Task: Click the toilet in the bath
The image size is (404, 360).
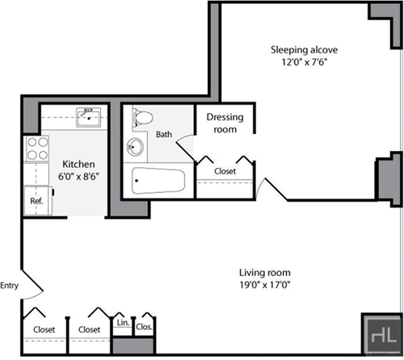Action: (x=143, y=118)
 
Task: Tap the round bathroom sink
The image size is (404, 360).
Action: (x=135, y=147)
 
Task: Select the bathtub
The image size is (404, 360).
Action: (x=158, y=181)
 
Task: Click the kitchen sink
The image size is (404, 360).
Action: (x=88, y=117)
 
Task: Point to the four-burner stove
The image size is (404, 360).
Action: (x=37, y=149)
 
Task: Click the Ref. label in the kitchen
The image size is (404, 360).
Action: (x=36, y=201)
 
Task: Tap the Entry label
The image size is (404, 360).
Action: (x=9, y=286)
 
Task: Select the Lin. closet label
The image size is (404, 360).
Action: (x=123, y=323)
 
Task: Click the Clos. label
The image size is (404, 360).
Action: (x=144, y=327)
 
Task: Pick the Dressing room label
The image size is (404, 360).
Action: (x=225, y=123)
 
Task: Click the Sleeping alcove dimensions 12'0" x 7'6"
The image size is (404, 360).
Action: (x=305, y=62)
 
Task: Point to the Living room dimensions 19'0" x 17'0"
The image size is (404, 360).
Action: (x=265, y=285)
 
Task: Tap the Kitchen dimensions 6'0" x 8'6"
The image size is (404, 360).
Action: (x=78, y=177)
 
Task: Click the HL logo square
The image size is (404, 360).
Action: (x=381, y=334)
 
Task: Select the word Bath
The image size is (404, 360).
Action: (x=164, y=134)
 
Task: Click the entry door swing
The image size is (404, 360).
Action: (x=32, y=285)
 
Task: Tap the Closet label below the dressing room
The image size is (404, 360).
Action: (x=225, y=171)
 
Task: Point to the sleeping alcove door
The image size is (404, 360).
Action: (x=271, y=189)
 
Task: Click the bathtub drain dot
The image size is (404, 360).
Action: (x=137, y=181)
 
